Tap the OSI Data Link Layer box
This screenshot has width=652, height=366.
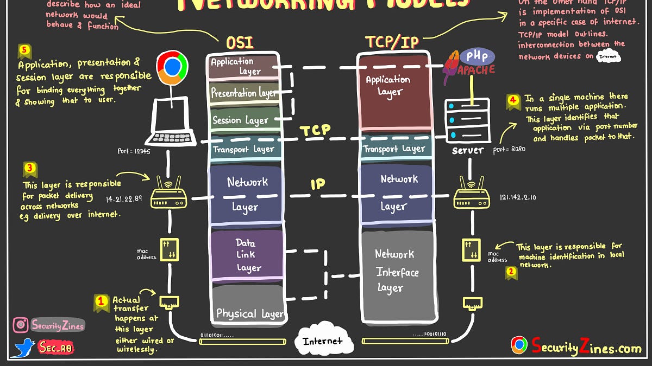[x=247, y=255]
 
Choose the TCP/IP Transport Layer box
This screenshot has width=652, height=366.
[x=394, y=148]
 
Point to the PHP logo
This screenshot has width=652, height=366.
[x=477, y=56]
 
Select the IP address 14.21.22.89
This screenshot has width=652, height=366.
[x=124, y=198]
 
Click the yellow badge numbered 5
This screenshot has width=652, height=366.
[x=24, y=52]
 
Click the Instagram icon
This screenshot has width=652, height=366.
[x=21, y=325]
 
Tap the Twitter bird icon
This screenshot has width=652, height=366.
[x=23, y=348]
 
